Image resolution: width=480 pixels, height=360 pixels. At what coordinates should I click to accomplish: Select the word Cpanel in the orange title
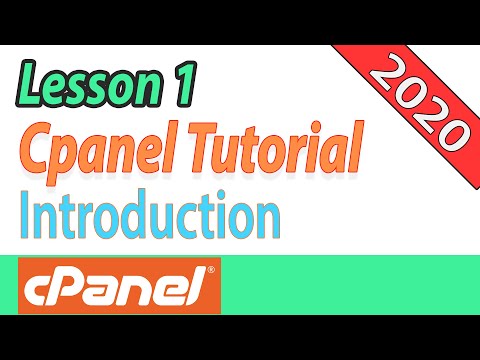100,152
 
